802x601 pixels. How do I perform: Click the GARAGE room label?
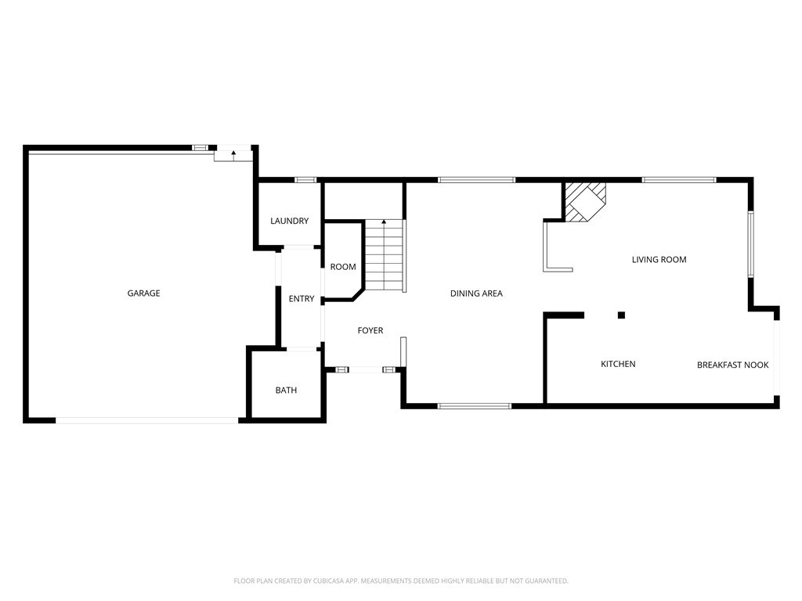143,293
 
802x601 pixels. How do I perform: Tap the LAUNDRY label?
289,221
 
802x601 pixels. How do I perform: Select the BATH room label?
286,390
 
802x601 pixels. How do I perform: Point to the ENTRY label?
302,299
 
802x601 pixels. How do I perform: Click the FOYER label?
370,331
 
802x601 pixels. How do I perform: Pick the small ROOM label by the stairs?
343,267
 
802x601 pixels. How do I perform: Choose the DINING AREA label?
476,293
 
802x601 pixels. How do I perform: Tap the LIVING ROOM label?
659,260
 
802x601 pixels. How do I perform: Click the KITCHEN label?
618,364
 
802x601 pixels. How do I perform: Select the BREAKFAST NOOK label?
732,365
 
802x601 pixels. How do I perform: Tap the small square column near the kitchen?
621,315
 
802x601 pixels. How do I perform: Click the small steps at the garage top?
233,155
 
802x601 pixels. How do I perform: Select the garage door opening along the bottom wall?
146,420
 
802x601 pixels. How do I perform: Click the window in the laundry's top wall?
305,180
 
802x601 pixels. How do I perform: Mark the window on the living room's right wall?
750,243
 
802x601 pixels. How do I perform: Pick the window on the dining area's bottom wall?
474,406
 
